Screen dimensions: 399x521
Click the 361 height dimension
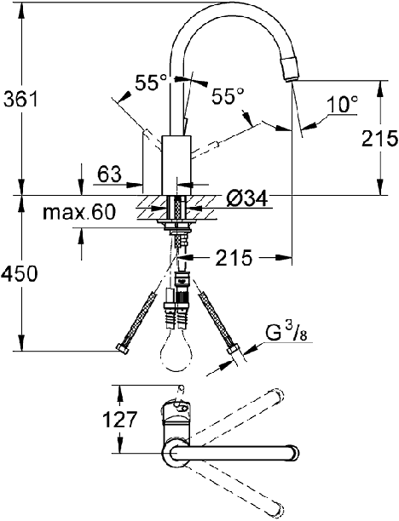20,100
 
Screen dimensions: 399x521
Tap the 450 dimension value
20,274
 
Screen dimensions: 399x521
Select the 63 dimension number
109,174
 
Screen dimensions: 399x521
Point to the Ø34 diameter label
246,199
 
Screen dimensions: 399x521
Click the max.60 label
79,212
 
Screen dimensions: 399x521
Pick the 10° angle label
341,104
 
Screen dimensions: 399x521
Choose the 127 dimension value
120,420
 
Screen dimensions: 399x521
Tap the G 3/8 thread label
286,335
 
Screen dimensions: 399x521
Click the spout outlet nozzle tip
290,69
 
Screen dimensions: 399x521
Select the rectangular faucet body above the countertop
176,165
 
